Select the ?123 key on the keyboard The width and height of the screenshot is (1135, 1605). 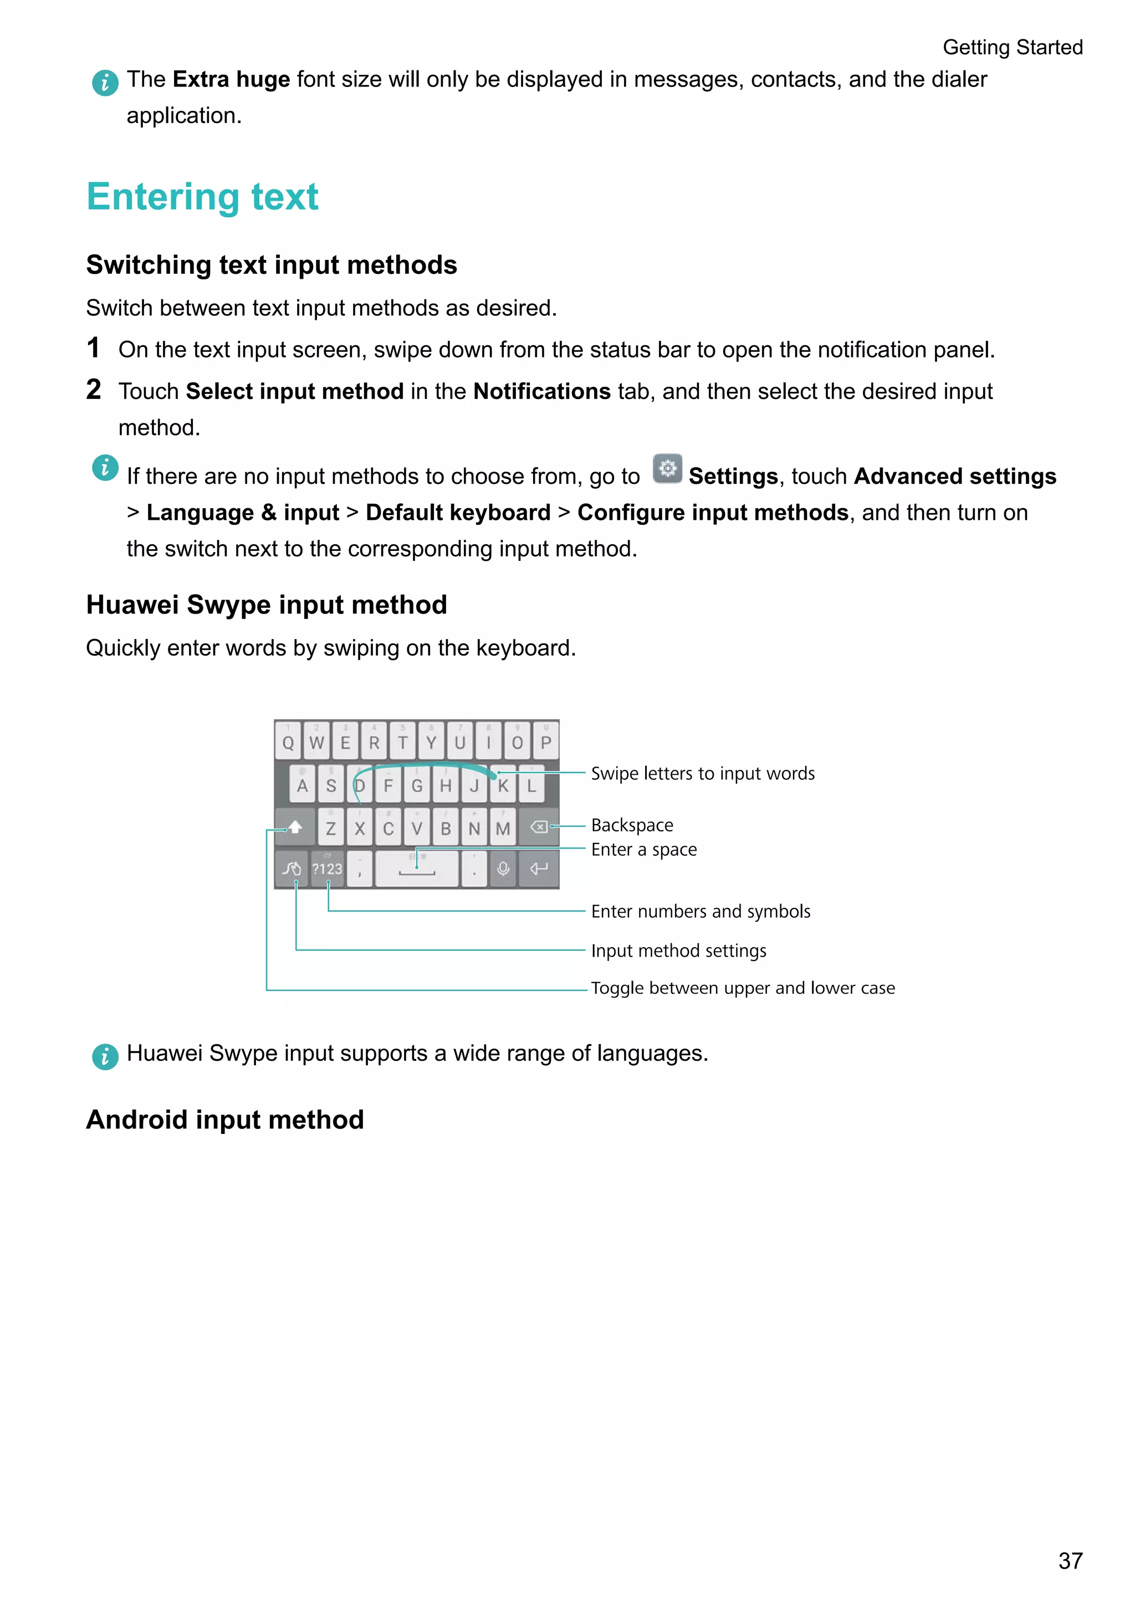pos(327,869)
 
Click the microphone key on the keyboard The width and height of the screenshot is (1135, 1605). pos(503,869)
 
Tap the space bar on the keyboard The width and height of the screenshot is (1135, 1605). pos(417,869)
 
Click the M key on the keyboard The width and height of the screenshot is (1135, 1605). pos(503,829)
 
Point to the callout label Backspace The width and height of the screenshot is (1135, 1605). pos(632,825)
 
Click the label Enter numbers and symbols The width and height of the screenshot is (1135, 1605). pos(701,911)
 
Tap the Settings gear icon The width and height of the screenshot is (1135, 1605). pos(667,468)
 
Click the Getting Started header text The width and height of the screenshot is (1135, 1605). pos(1012,47)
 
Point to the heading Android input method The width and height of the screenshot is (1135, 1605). pos(225,1119)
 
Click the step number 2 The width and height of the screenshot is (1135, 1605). pos(94,390)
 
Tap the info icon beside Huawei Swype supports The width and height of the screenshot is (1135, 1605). pos(105,1056)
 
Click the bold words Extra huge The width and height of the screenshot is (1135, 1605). pos(231,80)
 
